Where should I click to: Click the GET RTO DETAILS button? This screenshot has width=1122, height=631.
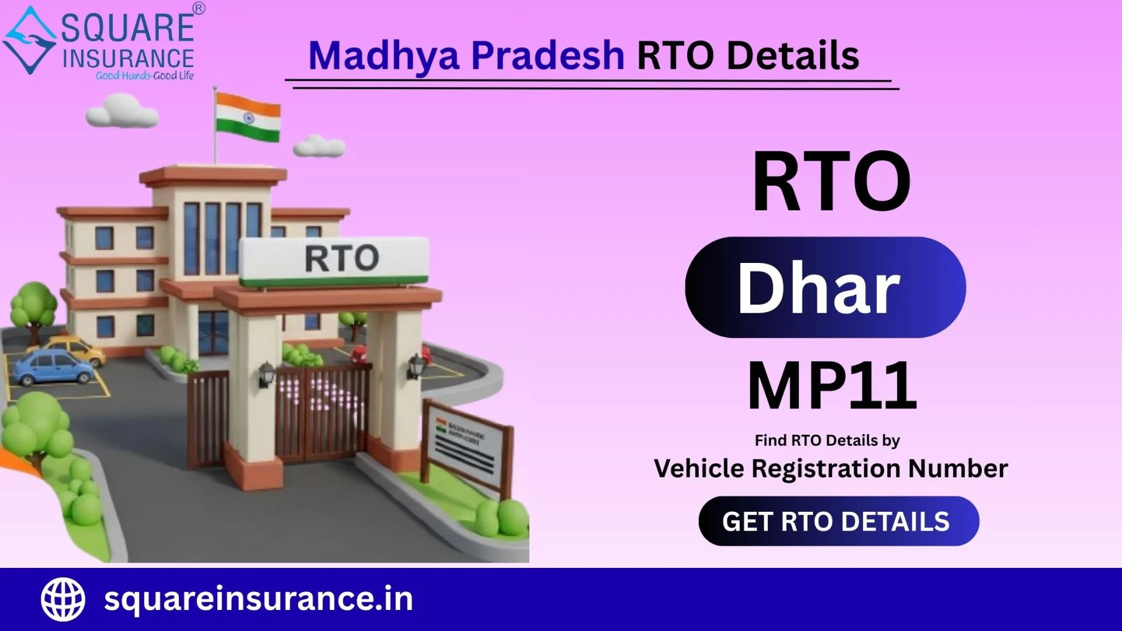pyautogui.click(x=839, y=521)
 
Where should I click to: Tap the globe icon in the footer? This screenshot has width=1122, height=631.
pyautogui.click(x=63, y=599)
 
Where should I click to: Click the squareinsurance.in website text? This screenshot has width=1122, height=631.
pyautogui.click(x=258, y=599)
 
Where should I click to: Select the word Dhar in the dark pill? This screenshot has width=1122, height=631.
pyautogui.click(x=818, y=287)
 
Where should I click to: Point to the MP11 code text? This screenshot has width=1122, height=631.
pyautogui.click(x=833, y=386)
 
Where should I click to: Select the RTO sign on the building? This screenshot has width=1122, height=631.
pyautogui.click(x=335, y=261)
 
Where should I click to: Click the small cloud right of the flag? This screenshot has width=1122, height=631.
pyautogui.click(x=319, y=146)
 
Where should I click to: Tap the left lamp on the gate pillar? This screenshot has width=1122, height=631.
pyautogui.click(x=266, y=374)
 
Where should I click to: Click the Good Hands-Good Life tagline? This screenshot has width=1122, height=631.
pyautogui.click(x=144, y=75)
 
